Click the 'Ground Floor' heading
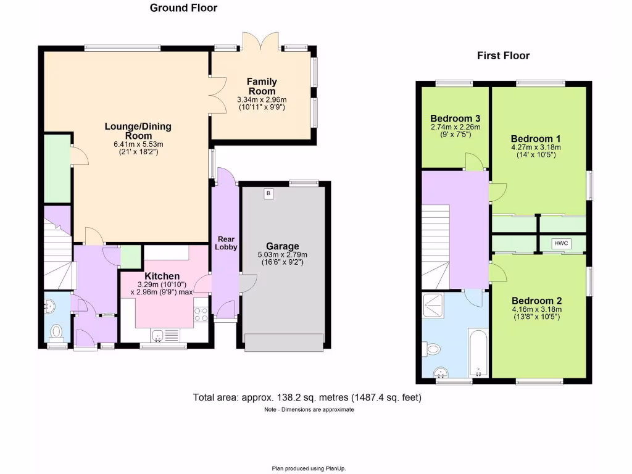[183, 8]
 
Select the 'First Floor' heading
[503, 56]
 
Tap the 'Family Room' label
[262, 86]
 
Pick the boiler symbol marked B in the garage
[268, 194]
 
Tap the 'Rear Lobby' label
[225, 242]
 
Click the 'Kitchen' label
[162, 276]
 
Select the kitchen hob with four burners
[201, 314]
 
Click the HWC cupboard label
[560, 244]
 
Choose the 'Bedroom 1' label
[536, 138]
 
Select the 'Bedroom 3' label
[455, 118]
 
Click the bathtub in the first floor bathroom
[478, 352]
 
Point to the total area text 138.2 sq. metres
[307, 397]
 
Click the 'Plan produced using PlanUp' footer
[314, 468]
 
